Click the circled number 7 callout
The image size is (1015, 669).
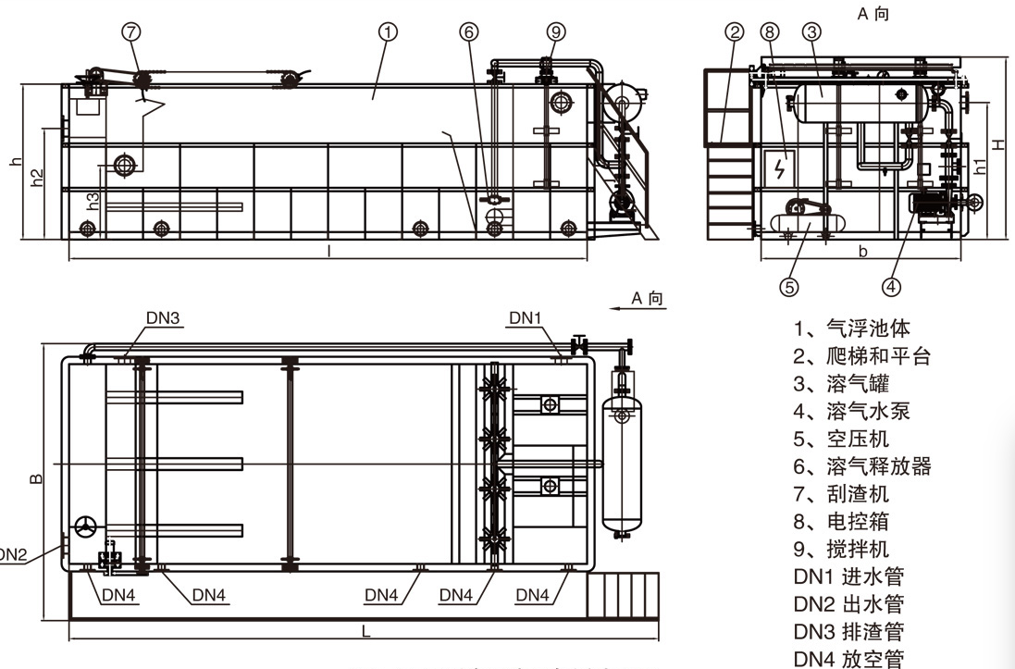point(131,31)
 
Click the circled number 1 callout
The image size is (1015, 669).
point(389,31)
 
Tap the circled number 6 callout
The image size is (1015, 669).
point(470,31)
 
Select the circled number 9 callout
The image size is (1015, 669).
point(555,31)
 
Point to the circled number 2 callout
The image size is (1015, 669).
point(736,31)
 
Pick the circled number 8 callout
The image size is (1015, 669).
point(770,31)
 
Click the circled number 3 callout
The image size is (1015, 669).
point(811,31)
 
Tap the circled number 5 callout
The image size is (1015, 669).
point(789,287)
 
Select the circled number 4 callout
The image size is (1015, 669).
point(891,287)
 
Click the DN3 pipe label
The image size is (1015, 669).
point(162,318)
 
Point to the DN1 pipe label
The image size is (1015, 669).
point(525,318)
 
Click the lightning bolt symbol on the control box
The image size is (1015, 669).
point(779,169)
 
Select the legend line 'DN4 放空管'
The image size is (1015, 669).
point(848,659)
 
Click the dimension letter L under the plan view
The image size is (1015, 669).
point(366,632)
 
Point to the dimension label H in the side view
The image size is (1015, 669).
point(998,143)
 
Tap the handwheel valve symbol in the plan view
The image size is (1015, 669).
point(87,527)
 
